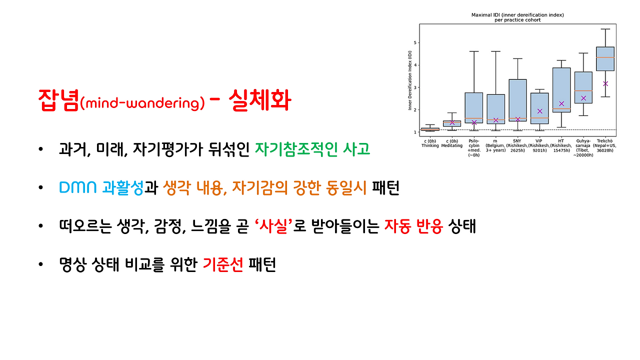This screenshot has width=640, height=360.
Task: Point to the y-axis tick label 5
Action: (x=414, y=42)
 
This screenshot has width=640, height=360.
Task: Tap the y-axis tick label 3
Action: (x=414, y=87)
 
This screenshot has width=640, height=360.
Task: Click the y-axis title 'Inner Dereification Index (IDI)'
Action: (x=409, y=83)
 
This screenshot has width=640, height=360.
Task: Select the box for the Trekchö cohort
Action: (x=605, y=58)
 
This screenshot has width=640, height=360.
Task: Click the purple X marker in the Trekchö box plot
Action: (x=605, y=83)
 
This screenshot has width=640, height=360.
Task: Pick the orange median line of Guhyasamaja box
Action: (x=583, y=90)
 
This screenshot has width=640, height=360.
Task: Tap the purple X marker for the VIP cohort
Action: (x=539, y=111)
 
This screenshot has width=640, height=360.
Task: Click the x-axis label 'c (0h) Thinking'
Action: (x=430, y=143)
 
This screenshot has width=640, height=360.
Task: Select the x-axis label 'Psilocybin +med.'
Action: (x=473, y=148)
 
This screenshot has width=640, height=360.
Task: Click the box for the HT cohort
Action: (x=561, y=90)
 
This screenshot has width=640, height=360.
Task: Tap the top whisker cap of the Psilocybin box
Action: (x=473, y=51)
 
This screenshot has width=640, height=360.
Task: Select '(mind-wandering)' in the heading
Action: (x=142, y=103)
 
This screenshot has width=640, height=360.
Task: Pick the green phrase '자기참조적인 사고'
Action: (x=312, y=149)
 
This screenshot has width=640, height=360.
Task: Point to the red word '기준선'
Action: (x=222, y=265)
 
